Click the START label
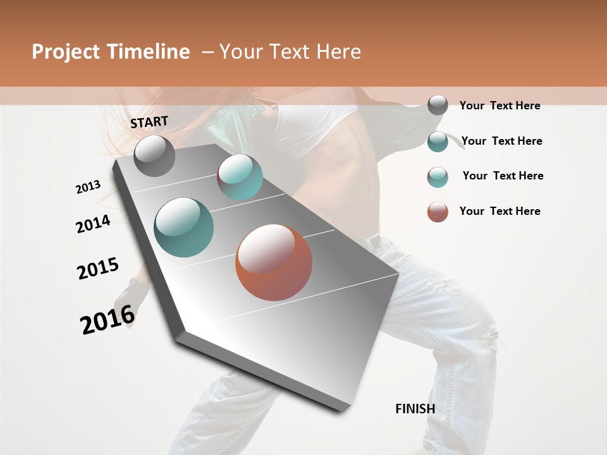click(x=149, y=122)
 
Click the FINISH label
click(x=415, y=409)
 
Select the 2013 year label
click(x=88, y=187)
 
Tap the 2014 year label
click(x=93, y=224)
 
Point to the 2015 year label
click(x=98, y=269)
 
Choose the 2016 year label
click(x=107, y=319)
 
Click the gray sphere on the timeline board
click(x=154, y=155)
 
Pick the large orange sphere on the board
click(x=274, y=262)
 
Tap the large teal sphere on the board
click(x=184, y=227)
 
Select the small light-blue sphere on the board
click(x=240, y=176)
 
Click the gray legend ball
click(x=438, y=106)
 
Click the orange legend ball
click(x=438, y=212)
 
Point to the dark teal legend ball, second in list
click(x=438, y=142)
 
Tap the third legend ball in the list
click(x=438, y=177)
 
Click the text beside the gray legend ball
click(x=500, y=106)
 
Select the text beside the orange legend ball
click(x=500, y=211)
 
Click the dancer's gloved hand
click(x=132, y=297)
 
